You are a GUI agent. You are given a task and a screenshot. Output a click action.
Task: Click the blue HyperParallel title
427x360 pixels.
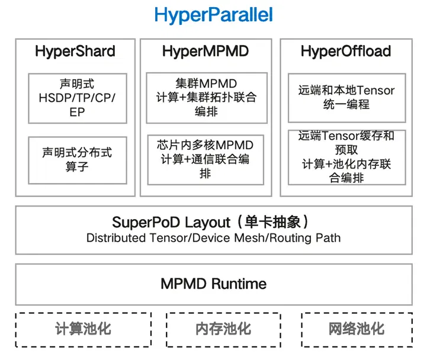(x=213, y=15)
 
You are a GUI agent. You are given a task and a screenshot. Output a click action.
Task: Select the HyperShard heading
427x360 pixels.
(x=75, y=51)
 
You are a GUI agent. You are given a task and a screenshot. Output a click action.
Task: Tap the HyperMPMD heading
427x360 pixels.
(x=206, y=51)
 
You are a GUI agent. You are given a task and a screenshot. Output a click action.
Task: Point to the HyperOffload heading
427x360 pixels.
(x=346, y=51)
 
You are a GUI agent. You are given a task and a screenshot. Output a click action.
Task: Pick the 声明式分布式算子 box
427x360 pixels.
(x=78, y=160)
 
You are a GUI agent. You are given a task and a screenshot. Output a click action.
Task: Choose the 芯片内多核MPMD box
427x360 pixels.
(x=206, y=160)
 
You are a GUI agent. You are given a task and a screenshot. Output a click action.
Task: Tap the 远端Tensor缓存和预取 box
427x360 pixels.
(x=347, y=157)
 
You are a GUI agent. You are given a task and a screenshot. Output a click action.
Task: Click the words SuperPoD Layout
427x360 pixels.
(x=171, y=223)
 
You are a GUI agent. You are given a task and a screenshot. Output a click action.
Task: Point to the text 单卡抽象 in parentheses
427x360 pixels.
(x=272, y=222)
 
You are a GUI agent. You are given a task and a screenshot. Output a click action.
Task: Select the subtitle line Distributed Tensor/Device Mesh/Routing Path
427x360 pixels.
(x=213, y=238)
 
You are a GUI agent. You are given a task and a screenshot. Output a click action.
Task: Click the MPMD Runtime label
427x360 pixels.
(x=214, y=284)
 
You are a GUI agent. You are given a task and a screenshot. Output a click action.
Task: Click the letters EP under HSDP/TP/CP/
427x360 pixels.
(x=78, y=112)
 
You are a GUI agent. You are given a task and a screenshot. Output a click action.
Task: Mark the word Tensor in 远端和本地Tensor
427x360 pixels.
(x=376, y=91)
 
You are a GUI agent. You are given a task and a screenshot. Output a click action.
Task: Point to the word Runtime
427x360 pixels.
(x=239, y=284)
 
